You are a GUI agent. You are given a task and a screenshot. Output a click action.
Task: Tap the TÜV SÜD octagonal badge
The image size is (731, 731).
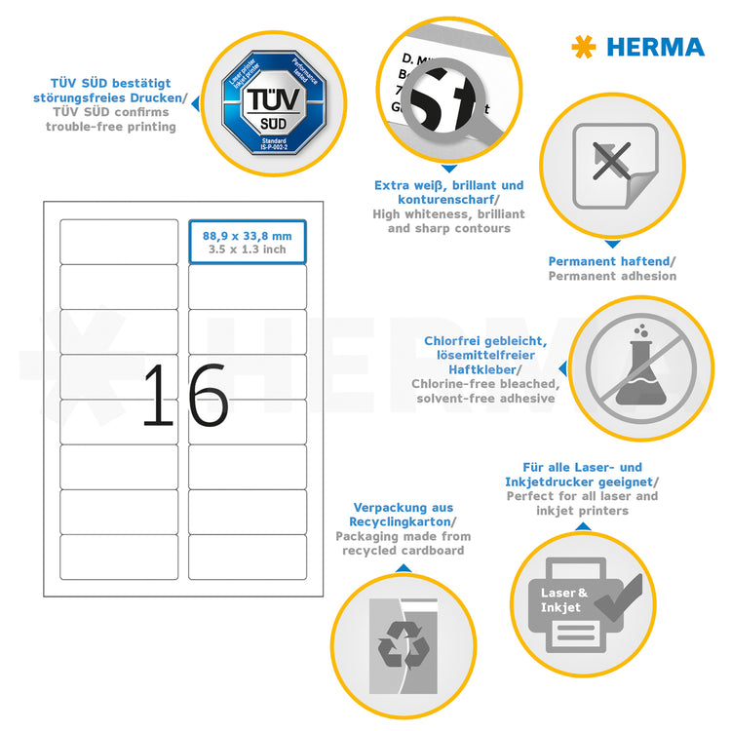point(265,103)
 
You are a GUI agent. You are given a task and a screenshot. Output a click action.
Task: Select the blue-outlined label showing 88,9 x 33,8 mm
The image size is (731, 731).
point(248,242)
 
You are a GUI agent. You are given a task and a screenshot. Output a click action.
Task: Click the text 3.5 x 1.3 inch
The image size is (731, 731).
point(248,250)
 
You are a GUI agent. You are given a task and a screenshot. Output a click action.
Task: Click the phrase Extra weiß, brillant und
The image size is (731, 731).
point(448,185)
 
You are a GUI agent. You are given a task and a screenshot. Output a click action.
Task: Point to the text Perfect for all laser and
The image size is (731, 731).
point(582,496)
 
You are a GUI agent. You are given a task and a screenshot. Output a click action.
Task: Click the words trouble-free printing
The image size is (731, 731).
point(110,127)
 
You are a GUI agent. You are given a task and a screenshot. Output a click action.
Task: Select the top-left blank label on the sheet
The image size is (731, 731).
point(119,242)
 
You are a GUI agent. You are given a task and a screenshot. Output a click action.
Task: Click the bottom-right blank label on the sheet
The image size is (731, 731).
point(248,556)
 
